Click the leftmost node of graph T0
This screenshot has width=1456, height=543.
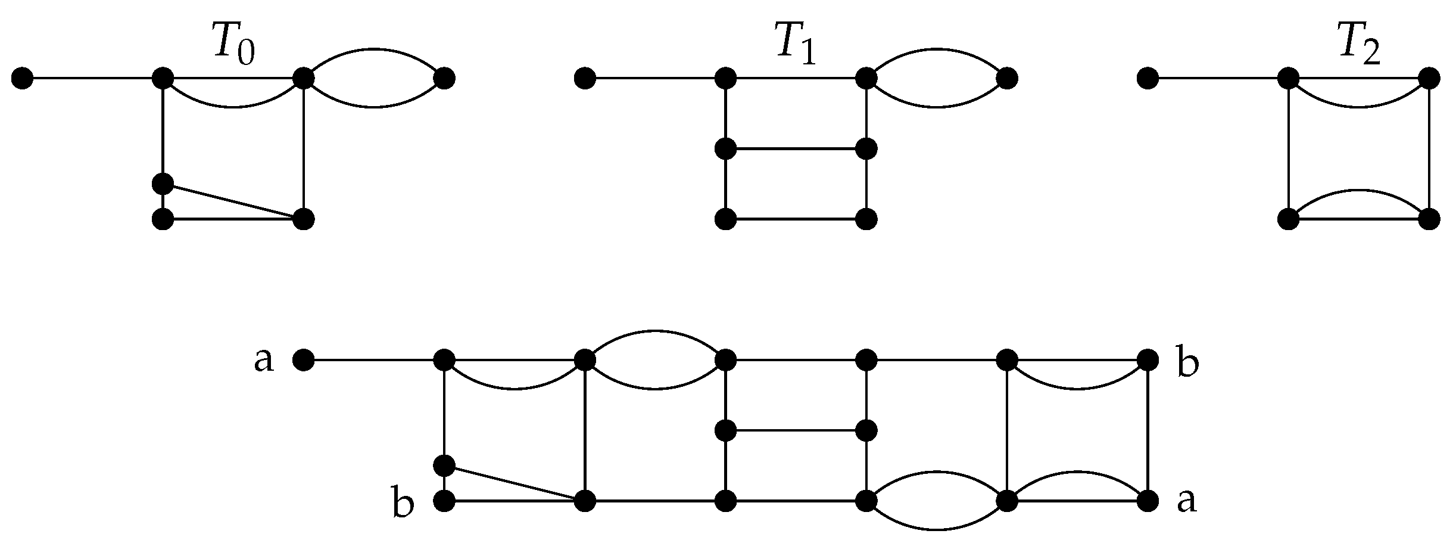pos(23,78)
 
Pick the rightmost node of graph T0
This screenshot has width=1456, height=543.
pos(445,78)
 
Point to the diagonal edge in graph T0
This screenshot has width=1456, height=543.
pos(232,201)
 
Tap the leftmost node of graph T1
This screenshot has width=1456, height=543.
pos(585,78)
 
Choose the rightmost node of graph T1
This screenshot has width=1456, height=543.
pos(1007,78)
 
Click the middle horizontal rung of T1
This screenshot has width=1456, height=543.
pos(796,148)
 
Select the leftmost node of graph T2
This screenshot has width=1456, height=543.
pos(1148,78)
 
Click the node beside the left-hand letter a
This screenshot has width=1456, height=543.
pos(303,360)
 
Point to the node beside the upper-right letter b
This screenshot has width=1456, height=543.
pos(1148,360)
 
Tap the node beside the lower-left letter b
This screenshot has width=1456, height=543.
pos(444,501)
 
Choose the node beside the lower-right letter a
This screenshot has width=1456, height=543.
pos(1148,501)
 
